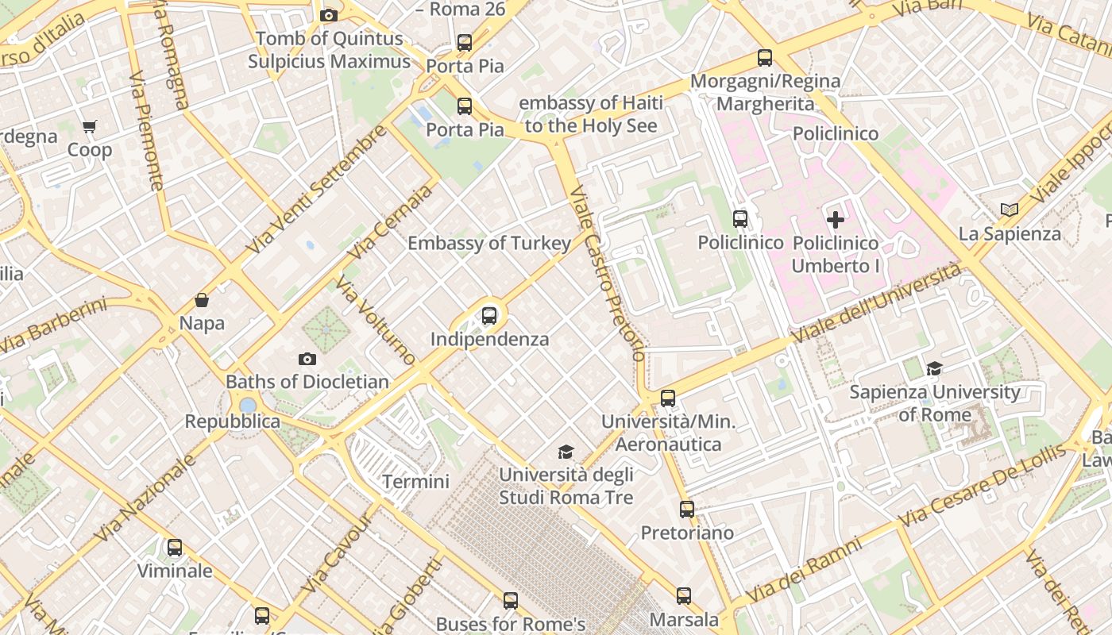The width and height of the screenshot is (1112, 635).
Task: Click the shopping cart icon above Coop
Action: coord(90,127)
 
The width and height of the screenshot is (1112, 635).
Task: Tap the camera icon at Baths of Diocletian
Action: coord(307,360)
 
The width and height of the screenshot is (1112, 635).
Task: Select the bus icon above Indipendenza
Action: coord(489,316)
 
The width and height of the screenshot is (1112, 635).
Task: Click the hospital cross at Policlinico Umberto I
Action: coord(836,220)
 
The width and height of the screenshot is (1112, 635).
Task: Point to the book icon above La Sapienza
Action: coord(1010,210)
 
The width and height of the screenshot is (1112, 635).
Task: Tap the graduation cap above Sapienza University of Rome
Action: coord(935,369)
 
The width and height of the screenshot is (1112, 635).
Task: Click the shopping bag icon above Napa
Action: coord(202,300)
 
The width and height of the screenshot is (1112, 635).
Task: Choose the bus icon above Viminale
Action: coord(175,548)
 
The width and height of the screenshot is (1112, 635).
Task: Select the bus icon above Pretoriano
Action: coord(687,510)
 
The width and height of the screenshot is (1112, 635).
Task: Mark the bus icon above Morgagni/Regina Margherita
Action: coord(765,58)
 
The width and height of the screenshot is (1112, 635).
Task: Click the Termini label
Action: coord(415,482)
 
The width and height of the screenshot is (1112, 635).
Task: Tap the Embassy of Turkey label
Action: coord(489,244)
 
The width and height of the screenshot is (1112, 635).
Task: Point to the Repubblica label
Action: coord(233,421)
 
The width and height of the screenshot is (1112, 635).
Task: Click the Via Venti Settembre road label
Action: coord(316,189)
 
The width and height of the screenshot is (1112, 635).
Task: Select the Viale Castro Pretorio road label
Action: coord(608,273)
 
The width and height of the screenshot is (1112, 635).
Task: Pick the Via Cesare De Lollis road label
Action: coord(983,485)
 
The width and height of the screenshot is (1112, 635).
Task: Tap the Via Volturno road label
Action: coord(376,320)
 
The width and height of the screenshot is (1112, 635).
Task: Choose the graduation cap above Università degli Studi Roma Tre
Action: coord(566,452)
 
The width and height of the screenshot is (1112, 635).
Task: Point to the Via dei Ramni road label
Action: coord(804,570)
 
